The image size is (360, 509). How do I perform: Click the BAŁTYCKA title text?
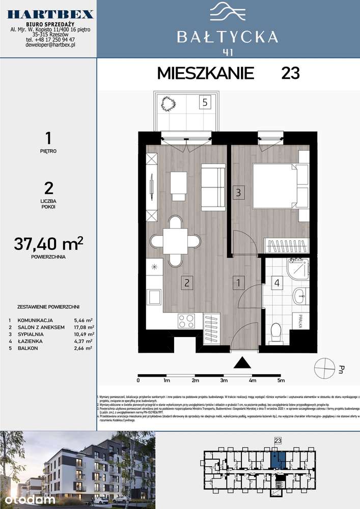point(227,37)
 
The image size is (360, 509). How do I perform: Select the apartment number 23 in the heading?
point(290,73)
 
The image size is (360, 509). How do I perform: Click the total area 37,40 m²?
point(49,245)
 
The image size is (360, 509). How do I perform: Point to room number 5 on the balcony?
point(204,102)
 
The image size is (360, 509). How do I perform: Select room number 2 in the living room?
point(187,282)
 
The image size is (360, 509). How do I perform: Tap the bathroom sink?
point(300,293)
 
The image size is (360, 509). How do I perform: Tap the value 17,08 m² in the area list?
point(84,327)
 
